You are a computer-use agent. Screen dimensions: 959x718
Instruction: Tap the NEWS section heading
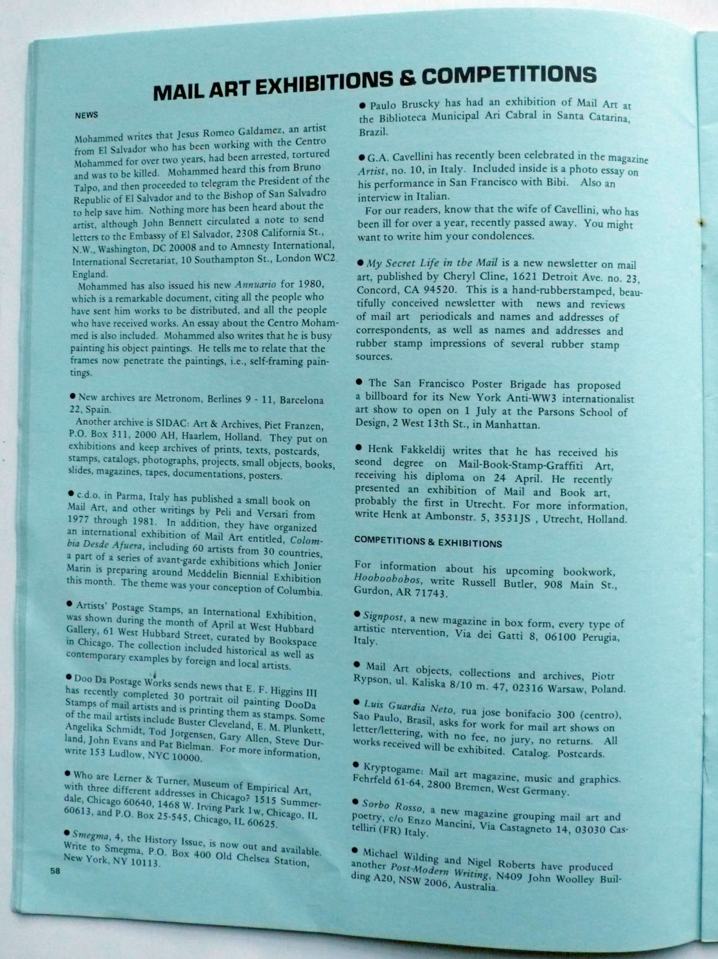coord(87,115)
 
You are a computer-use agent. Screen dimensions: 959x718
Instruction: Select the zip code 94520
coord(437,289)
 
